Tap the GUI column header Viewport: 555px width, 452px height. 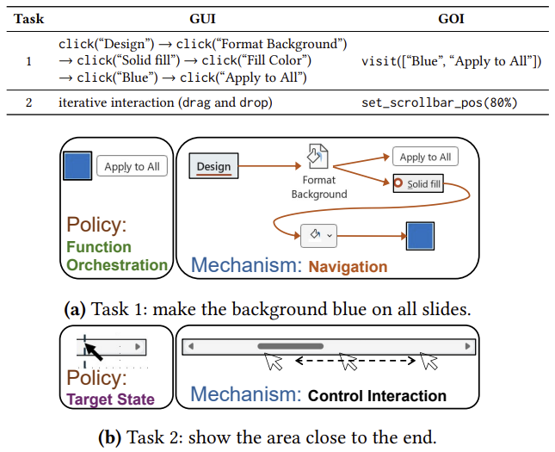tap(203, 17)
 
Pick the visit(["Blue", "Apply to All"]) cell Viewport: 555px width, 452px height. tap(451, 60)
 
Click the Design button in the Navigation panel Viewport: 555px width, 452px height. tap(213, 165)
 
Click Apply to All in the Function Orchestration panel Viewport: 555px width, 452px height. tap(131, 166)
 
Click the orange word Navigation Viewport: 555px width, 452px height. tap(348, 266)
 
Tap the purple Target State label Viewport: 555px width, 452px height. tap(110, 399)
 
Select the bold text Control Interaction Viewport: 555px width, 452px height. tap(377, 396)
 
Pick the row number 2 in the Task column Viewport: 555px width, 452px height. tap(28, 102)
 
